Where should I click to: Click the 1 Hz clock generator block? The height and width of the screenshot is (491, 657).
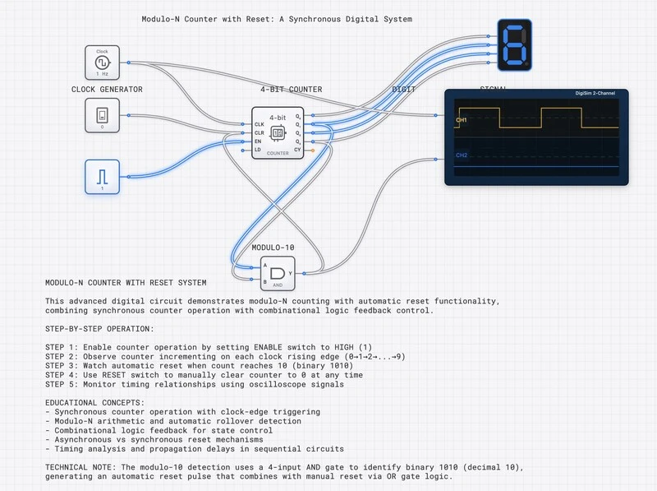pos(102,63)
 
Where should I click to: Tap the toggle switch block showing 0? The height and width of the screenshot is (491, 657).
pos(102,115)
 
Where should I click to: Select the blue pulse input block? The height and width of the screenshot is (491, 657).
pos(102,177)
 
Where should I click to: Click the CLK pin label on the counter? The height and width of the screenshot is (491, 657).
pos(259,124)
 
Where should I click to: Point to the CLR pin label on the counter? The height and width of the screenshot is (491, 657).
pos(259,132)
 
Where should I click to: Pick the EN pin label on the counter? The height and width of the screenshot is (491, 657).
pos(258,141)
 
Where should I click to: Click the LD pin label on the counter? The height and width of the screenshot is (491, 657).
pos(258,151)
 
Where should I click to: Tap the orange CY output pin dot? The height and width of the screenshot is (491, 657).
pos(312,151)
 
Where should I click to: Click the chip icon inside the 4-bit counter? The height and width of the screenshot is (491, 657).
pos(278,132)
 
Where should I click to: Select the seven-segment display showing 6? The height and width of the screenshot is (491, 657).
pos(515,45)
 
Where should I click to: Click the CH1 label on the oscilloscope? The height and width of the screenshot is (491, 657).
pos(462,121)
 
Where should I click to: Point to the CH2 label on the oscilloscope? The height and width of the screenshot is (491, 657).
pos(462,155)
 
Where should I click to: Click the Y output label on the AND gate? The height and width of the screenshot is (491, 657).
pos(291,272)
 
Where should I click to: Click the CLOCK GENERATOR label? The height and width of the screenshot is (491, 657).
pos(107,89)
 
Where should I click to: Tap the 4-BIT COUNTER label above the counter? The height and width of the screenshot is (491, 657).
pos(291,89)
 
